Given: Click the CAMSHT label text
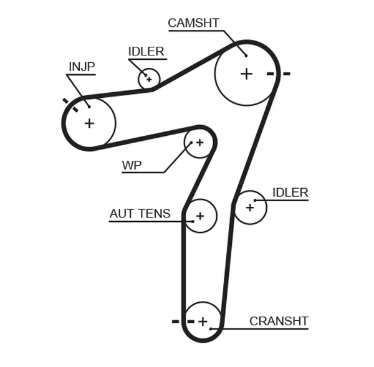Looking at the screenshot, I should point(193,23).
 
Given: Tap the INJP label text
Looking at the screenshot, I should point(81,67).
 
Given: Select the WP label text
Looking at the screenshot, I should point(132,165).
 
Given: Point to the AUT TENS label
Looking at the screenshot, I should point(140,214).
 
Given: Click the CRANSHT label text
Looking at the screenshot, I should point(279,321).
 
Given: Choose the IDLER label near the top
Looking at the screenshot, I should point(146,52).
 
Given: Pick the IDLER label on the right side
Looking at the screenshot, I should point(290,193).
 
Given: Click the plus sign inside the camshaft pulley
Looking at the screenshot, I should point(246,74).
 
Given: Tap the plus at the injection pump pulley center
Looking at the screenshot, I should point(89,123).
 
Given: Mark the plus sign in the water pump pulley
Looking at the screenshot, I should point(199,143).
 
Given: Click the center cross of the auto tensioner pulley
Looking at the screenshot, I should point(200,216).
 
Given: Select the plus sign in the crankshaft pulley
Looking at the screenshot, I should point(203,322).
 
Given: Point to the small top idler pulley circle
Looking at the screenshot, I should point(149,79).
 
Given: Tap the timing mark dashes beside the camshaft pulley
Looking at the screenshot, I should point(278,74).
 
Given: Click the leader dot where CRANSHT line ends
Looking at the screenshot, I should point(212,328).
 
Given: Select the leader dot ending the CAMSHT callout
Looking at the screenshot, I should point(246,55).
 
